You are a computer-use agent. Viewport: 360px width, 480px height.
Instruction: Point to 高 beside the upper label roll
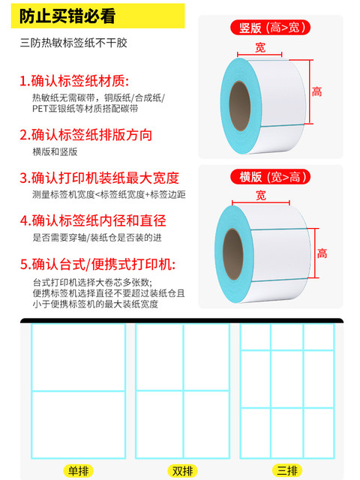[x=317, y=91]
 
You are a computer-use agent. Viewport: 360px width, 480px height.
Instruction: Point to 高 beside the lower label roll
[x=322, y=253]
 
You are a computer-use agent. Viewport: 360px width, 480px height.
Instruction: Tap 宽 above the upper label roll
[x=260, y=48]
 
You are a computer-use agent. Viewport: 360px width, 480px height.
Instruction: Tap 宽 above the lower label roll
[x=261, y=195]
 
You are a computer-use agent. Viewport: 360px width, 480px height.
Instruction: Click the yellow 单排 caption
[x=79, y=470]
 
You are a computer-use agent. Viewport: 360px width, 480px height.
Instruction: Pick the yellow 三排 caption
[x=287, y=470]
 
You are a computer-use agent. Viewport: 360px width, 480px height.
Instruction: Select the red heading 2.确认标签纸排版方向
[x=85, y=135]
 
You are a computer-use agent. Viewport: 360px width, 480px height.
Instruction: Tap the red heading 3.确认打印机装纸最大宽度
[x=99, y=178]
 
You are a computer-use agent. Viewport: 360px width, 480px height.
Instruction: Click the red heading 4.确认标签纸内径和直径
[x=92, y=221]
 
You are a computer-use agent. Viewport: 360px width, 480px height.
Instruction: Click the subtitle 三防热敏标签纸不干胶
[x=73, y=44]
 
